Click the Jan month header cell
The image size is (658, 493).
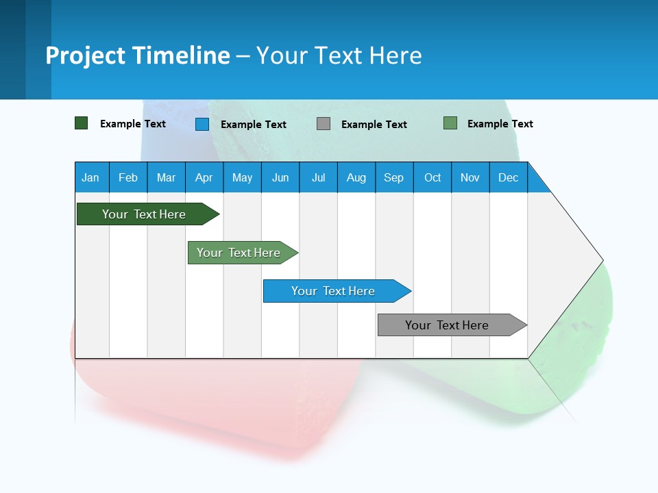pyautogui.click(x=91, y=177)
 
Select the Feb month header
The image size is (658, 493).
pyautogui.click(x=128, y=177)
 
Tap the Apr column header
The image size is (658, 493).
pyautogui.click(x=204, y=177)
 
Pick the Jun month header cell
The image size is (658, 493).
pyautogui.click(x=280, y=177)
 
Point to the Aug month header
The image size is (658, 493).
pyautogui.click(x=356, y=177)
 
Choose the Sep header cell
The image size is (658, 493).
pyautogui.click(x=394, y=177)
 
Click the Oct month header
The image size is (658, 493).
pyautogui.click(x=432, y=177)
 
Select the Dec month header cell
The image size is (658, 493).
pyautogui.click(x=508, y=177)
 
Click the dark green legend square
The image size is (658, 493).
pyautogui.click(x=82, y=123)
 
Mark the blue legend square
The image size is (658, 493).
pyautogui.click(x=202, y=124)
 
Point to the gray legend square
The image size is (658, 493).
pyautogui.click(x=324, y=124)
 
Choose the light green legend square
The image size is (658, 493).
pyautogui.click(x=450, y=123)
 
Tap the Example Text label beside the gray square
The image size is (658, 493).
pyautogui.click(x=374, y=125)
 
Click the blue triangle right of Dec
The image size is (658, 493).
pyautogui.click(x=536, y=184)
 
